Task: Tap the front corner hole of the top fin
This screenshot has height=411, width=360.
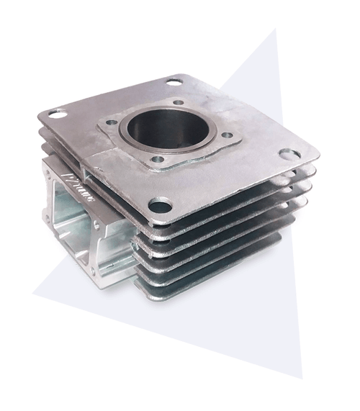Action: click(160, 207)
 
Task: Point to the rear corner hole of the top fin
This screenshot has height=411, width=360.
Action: click(174, 82)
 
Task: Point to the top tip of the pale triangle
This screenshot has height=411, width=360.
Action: click(274, 30)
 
